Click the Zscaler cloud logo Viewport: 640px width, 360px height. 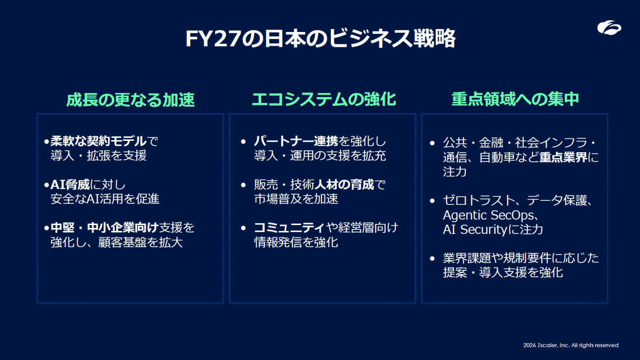609,28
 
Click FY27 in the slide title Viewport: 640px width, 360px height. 213,38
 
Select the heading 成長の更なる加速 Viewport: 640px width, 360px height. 130,99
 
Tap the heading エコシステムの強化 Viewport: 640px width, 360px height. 324,99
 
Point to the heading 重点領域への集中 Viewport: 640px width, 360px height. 515,99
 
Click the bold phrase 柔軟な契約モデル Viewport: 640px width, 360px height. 98,141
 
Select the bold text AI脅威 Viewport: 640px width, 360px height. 70,185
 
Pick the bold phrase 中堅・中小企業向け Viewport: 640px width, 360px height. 104,228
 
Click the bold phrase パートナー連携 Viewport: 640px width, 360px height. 296,141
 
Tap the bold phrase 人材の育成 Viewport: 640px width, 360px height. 344,185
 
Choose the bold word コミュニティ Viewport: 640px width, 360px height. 289,228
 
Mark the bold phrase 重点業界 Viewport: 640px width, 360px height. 563,157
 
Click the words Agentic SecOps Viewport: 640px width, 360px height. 488,215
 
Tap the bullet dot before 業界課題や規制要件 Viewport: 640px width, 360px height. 432,259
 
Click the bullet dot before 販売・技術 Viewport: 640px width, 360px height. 243,185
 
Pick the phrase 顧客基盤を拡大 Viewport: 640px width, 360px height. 141,243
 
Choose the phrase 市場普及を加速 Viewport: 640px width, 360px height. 296,199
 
